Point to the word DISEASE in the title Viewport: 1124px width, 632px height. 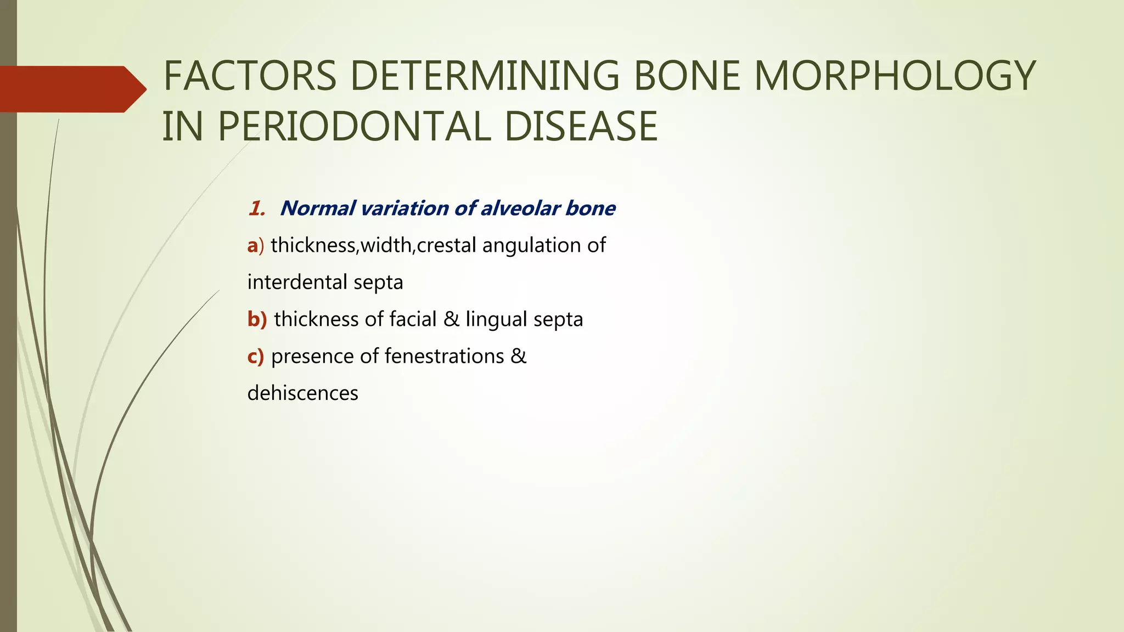pyautogui.click(x=581, y=127)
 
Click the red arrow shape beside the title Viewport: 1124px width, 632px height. pyautogui.click(x=71, y=89)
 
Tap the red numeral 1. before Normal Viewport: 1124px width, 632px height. pyautogui.click(x=256, y=208)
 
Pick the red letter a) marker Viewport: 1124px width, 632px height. pyautogui.click(x=255, y=245)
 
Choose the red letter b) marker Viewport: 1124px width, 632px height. pyautogui.click(x=257, y=319)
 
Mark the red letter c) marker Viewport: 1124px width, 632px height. pyautogui.click(x=255, y=357)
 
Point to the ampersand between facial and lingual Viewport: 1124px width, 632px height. pyautogui.click(x=451, y=319)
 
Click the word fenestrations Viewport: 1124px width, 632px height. pyautogui.click(x=444, y=357)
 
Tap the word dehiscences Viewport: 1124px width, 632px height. pyautogui.click(x=302, y=393)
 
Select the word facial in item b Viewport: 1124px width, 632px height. pyautogui.click(x=412, y=319)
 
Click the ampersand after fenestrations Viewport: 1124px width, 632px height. pyautogui.click(x=519, y=357)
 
